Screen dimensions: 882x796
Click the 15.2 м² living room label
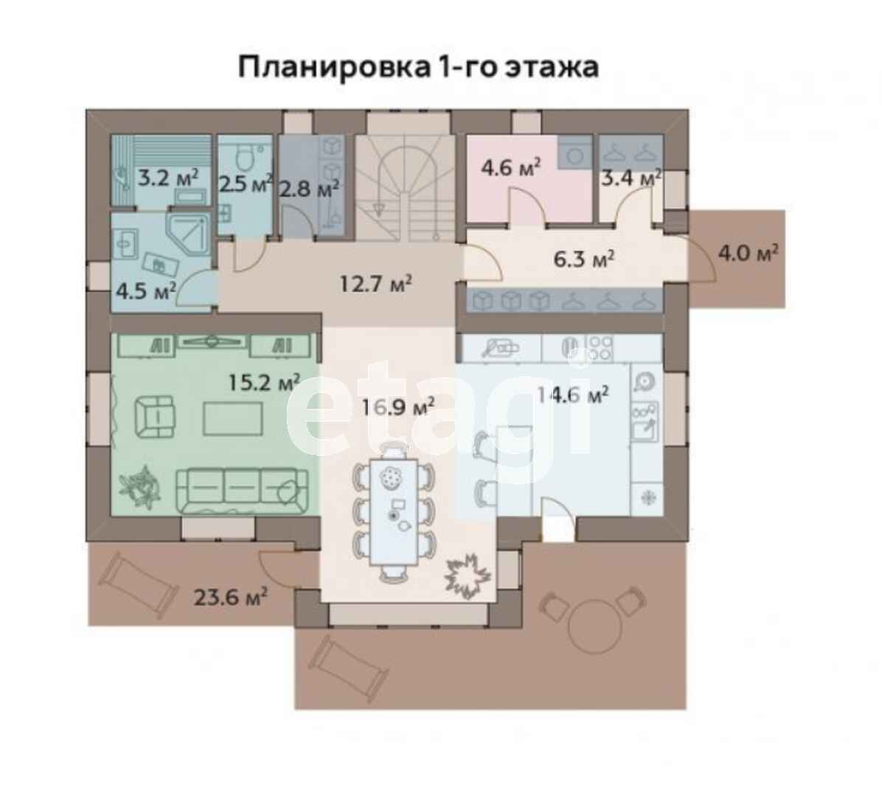(264, 383)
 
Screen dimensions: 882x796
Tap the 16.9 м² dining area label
(398, 406)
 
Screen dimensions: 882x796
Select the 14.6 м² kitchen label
(572, 394)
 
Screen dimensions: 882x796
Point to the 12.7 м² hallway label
(375, 283)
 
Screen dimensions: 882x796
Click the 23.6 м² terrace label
(230, 596)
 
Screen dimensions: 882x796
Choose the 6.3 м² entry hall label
(583, 259)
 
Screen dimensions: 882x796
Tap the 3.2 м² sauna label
(168, 179)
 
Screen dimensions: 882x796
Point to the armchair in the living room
(155, 416)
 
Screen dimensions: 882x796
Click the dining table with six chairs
(394, 512)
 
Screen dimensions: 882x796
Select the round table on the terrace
(596, 626)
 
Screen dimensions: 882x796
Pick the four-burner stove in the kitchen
(599, 347)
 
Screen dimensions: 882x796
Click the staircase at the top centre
(405, 188)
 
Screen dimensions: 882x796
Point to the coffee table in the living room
(233, 418)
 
